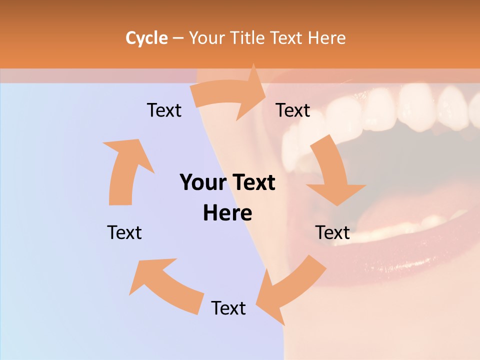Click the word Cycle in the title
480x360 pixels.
146,38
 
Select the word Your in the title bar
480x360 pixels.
205,38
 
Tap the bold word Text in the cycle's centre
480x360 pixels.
252,182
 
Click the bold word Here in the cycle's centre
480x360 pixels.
227,213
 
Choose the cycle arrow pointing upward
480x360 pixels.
125,170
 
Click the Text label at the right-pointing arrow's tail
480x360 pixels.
164,110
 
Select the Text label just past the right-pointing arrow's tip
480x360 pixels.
293,110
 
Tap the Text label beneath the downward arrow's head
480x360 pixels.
332,232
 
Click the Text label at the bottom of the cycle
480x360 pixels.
228,308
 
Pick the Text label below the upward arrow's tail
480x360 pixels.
124,232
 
